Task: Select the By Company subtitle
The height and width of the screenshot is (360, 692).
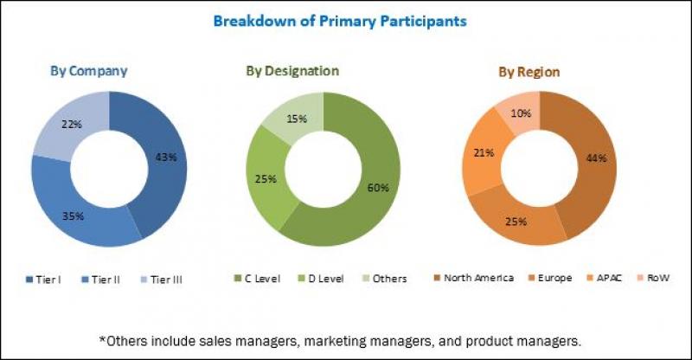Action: (x=87, y=71)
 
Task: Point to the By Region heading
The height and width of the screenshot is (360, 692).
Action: (x=528, y=71)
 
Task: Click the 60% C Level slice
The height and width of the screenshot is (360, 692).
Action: (x=379, y=187)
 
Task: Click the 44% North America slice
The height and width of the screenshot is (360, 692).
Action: (x=595, y=157)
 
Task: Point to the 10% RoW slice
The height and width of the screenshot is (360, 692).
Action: (x=520, y=113)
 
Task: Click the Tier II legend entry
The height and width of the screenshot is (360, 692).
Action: (x=104, y=279)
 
